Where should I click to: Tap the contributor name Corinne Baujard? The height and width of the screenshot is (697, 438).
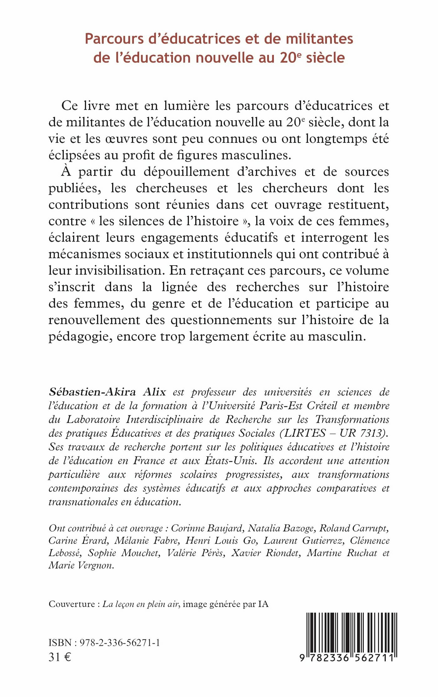[207, 528]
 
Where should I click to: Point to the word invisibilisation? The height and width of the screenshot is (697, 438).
[106, 271]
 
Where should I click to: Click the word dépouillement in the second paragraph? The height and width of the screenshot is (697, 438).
[186, 172]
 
